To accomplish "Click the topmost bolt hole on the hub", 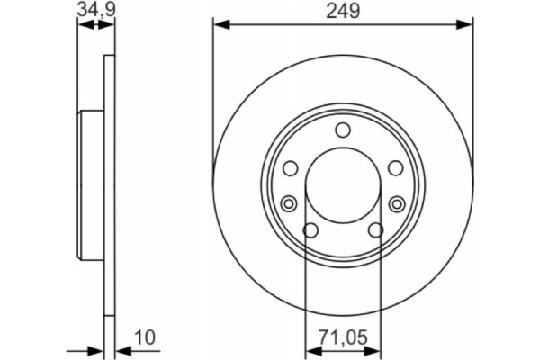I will tap(342, 131).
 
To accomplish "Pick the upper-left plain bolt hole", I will tap(290, 168).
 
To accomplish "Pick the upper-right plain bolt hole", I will tap(395, 168).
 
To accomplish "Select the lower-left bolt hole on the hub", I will tap(310, 231).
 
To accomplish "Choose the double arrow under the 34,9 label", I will tap(98, 26).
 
